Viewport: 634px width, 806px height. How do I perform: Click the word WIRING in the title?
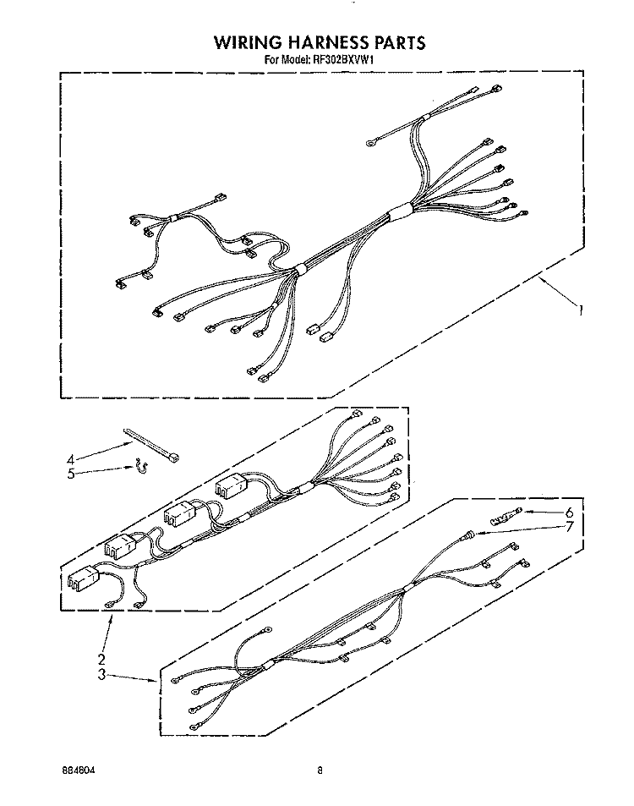247,42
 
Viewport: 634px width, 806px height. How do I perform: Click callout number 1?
581,310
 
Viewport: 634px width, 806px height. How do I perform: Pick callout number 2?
101,659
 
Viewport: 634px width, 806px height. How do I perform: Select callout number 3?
101,674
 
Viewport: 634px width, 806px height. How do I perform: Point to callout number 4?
71,459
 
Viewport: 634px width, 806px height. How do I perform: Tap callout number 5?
71,474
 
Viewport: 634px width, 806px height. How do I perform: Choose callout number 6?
569,513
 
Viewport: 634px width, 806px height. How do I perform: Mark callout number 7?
569,526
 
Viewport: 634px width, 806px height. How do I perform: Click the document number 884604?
78,770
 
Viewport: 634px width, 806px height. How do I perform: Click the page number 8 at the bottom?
320,770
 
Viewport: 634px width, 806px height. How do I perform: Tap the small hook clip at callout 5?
140,467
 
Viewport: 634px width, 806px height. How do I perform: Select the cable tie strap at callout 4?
150,445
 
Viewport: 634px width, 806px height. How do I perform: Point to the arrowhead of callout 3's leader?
156,682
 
